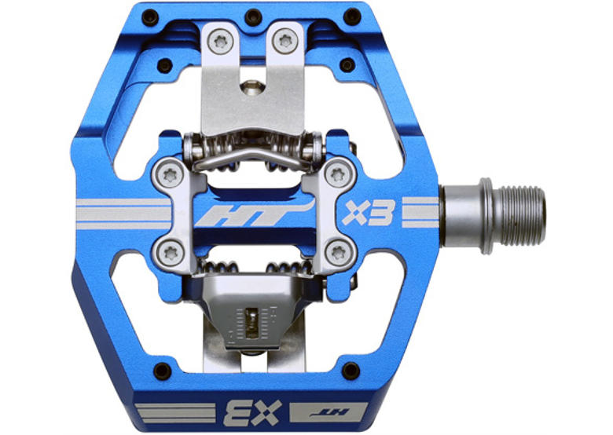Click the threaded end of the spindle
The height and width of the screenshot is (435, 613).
click(x=519, y=210)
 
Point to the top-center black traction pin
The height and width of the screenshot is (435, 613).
click(x=253, y=16)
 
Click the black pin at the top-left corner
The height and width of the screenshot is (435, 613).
click(x=151, y=17)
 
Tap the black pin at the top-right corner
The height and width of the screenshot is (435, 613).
click(x=354, y=16)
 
